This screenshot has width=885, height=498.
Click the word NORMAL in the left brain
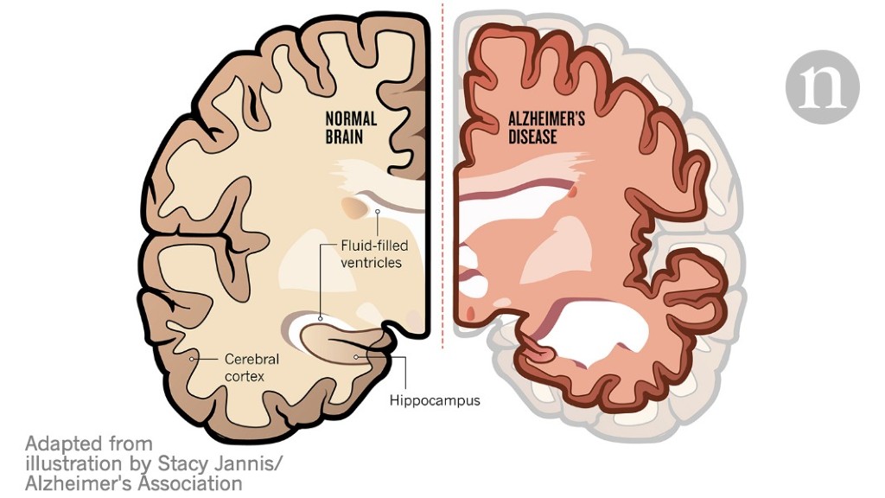coord(351,119)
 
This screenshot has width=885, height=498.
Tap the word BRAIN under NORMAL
coord(344,137)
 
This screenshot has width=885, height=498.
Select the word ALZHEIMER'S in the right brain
coord(546,119)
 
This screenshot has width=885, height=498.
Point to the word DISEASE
coord(532,137)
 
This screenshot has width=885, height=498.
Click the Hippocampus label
coord(435,401)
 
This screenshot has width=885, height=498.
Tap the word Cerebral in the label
coord(251,359)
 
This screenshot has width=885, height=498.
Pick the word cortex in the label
coord(245,376)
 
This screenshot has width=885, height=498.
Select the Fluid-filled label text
coord(374,246)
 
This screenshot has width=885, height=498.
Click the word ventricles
coord(372,263)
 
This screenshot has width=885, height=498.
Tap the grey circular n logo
coord(823,87)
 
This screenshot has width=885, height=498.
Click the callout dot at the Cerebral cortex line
coord(192,359)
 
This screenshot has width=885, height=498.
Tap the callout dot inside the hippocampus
coord(356,357)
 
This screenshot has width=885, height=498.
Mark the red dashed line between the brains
coord(442,175)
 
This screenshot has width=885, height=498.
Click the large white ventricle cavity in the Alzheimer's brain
coord(598,328)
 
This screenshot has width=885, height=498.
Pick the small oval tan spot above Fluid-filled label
coord(353,207)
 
